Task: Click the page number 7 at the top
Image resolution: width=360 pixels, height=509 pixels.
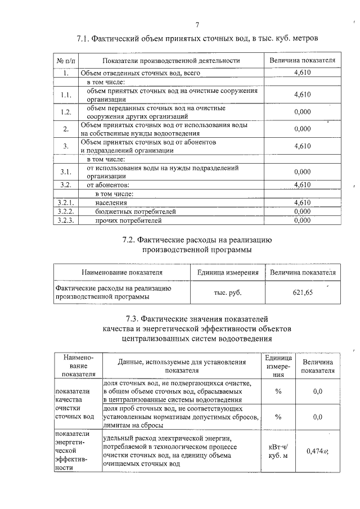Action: pyautogui.click(x=197, y=24)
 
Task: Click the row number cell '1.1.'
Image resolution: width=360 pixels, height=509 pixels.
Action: pyautogui.click(x=65, y=94)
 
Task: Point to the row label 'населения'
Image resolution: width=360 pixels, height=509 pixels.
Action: pyautogui.click(x=111, y=202)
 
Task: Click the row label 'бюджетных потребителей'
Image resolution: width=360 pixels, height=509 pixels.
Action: pyautogui.click(x=128, y=211)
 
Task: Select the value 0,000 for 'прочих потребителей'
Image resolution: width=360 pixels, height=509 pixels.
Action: pyautogui.click(x=302, y=220)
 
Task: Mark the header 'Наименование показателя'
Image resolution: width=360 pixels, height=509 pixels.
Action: pyautogui.click(x=122, y=272)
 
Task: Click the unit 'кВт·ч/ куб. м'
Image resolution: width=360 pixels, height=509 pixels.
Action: pyautogui.click(x=278, y=451)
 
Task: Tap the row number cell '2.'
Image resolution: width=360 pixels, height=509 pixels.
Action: pyautogui.click(x=65, y=129)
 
